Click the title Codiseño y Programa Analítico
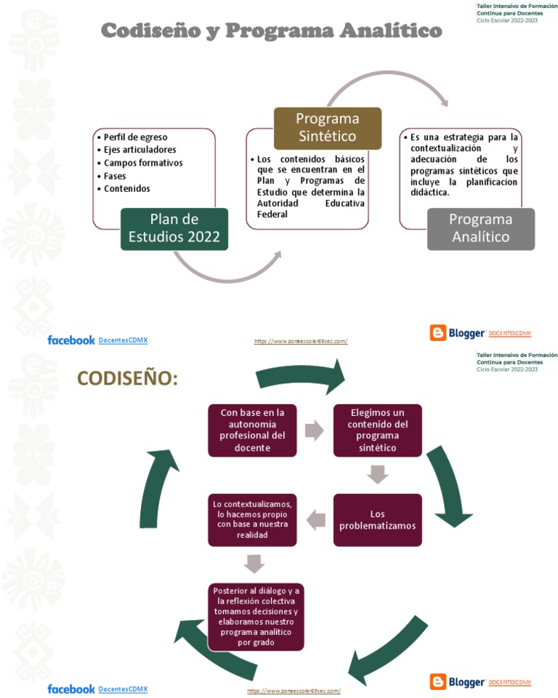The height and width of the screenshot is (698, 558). tap(270, 31)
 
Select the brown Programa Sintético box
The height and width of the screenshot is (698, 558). tap(327, 128)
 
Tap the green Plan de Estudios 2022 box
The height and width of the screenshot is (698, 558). tap(174, 228)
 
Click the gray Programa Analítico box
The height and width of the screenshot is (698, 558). tap(480, 228)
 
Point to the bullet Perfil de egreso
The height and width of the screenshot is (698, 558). tap(135, 137)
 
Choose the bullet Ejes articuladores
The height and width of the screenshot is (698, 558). tap(139, 150)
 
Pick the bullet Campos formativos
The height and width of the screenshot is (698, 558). tap(143, 163)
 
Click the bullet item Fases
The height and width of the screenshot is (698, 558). tap(115, 176)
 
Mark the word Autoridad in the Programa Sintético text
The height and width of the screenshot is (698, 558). tap(278, 204)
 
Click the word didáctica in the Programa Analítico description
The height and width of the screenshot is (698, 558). tap(429, 193)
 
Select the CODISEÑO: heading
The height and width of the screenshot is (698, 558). tap(127, 379)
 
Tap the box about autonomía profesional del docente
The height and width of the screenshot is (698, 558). tap(252, 430)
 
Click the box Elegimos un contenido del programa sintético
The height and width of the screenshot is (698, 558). tap(377, 430)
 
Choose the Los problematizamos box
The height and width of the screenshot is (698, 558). tap(377, 520)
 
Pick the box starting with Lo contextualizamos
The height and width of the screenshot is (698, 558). tap(252, 520)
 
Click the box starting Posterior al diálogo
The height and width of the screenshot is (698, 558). tap(255, 617)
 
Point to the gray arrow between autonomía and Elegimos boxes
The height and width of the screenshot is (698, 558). tap(314, 430)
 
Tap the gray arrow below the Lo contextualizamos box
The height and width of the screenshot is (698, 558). tap(254, 563)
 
